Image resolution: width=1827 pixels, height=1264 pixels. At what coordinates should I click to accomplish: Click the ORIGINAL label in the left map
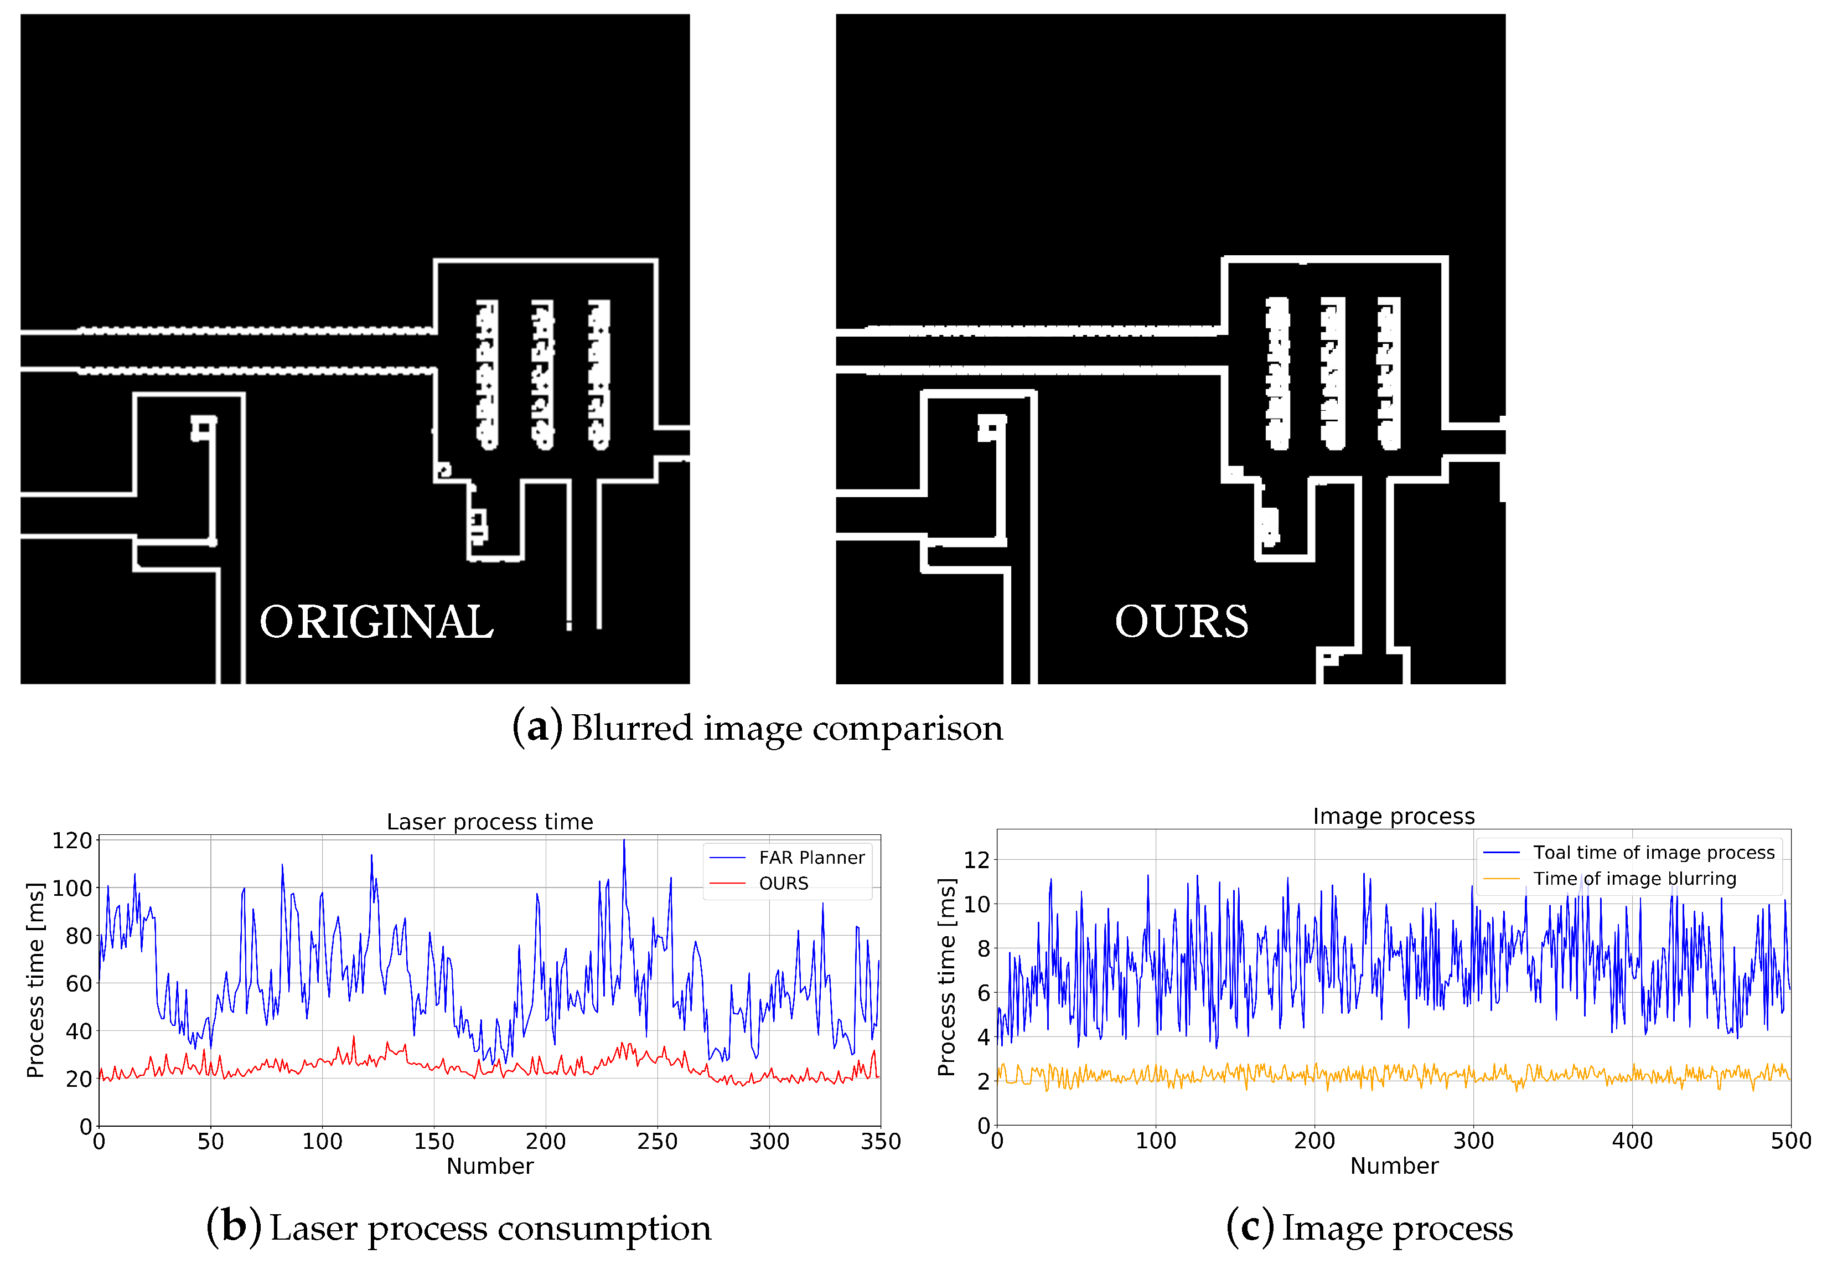[377, 622]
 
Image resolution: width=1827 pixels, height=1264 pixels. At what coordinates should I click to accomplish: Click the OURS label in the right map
[1181, 622]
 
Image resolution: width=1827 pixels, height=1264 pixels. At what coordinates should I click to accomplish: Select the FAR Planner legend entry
[811, 858]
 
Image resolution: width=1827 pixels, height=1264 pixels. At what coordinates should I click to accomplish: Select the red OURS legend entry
[783, 884]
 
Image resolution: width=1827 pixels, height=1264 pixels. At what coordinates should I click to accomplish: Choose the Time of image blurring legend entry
[1634, 878]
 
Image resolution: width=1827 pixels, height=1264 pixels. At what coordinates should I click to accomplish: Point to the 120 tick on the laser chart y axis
[72, 840]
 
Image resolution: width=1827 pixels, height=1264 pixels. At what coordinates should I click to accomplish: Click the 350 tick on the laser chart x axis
[880, 1141]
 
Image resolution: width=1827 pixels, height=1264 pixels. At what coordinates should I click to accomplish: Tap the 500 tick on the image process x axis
[1790, 1141]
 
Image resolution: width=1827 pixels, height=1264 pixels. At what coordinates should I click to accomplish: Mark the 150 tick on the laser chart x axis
[434, 1141]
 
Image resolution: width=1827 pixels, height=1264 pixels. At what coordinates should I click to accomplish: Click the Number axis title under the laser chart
[489, 1166]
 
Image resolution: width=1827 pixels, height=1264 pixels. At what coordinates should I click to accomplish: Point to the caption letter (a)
[537, 727]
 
